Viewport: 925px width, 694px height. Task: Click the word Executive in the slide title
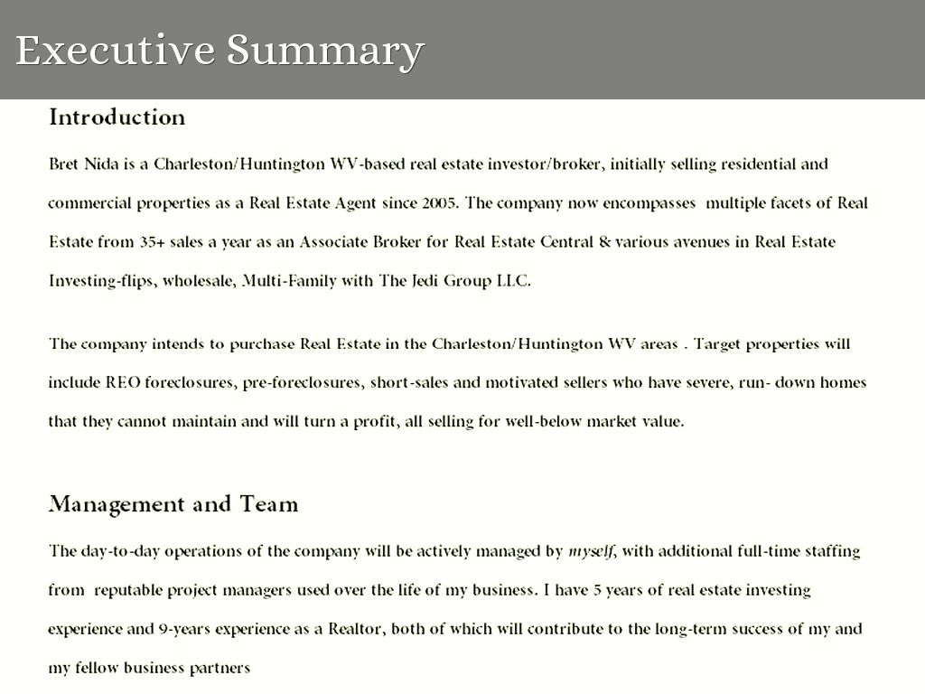click(115, 51)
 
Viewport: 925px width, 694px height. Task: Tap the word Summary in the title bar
click(324, 51)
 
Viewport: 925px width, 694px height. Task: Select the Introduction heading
click(117, 117)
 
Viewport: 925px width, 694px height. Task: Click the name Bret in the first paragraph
click(63, 164)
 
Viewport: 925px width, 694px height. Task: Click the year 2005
click(439, 203)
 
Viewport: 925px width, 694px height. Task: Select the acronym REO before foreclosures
click(123, 382)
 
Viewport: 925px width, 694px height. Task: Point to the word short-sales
click(409, 382)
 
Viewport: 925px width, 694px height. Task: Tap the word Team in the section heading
click(268, 504)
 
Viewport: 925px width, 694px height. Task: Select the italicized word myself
click(591, 551)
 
